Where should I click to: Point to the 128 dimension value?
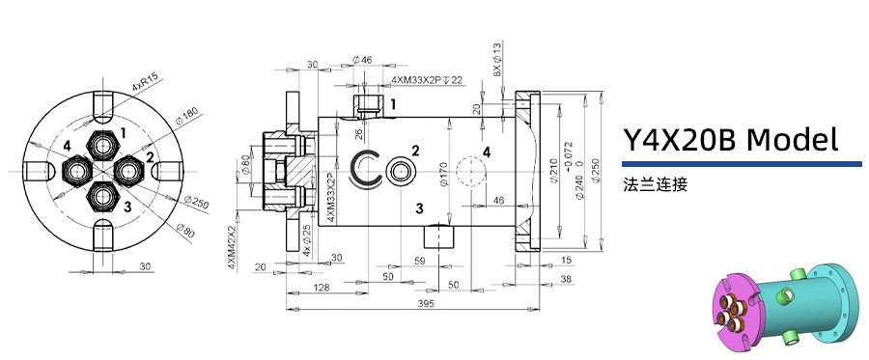[322, 288]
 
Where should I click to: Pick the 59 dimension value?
[420, 261]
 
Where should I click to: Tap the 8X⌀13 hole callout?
[497, 60]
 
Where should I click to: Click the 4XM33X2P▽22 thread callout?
[427, 80]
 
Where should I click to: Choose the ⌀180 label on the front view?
[186, 118]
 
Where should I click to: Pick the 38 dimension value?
[565, 278]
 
